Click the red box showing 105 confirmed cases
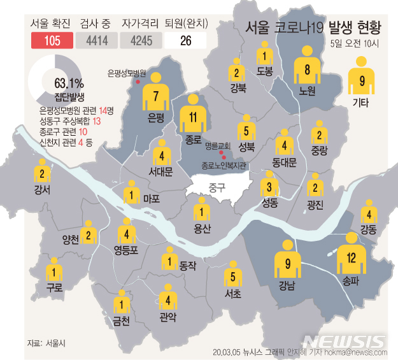pos(52,41)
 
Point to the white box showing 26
pos(185,41)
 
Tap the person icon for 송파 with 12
pos(351,256)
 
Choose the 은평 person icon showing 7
pos(155,94)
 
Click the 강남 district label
pos(288,286)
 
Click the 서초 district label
pos(233,294)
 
